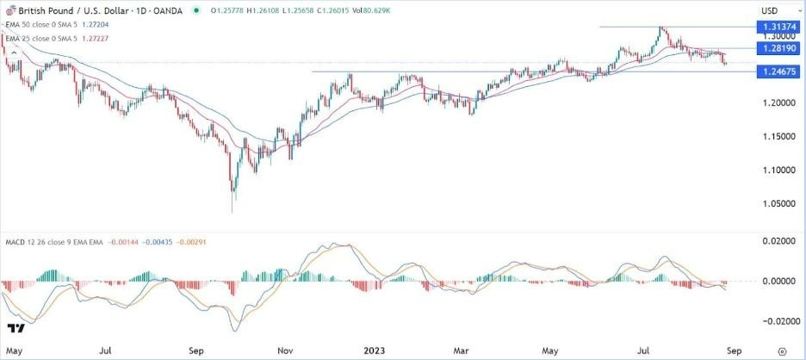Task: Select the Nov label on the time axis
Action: [284, 351]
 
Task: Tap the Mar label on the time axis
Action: [462, 351]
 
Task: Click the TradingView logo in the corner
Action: [15, 328]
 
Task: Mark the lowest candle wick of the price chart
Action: [232, 210]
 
